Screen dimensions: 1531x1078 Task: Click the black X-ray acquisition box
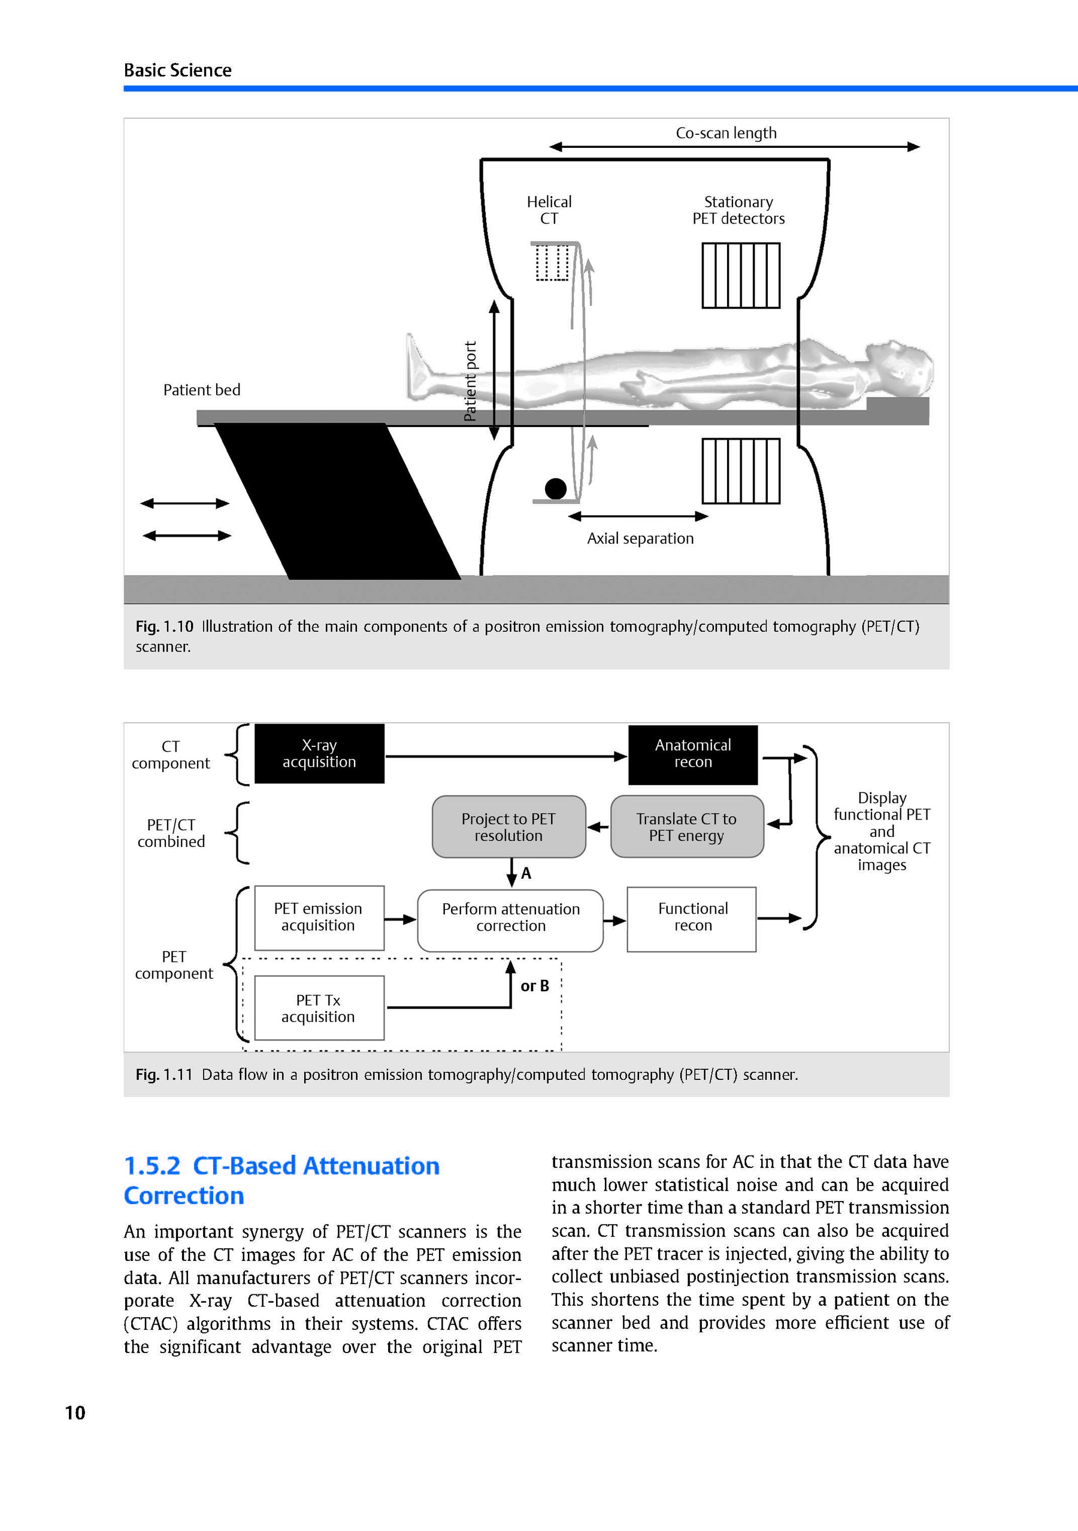coord(319,754)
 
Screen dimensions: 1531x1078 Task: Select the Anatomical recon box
coord(693,754)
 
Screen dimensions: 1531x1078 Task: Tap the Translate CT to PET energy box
coord(687,827)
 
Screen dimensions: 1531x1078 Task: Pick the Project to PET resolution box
coord(508,827)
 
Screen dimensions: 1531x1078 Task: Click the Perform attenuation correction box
coord(511,918)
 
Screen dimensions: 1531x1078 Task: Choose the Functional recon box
coord(692,918)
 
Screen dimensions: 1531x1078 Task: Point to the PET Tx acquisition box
coord(319,1008)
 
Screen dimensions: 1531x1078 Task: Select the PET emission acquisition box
coord(319,918)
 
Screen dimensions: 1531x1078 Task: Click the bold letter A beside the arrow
coord(526,873)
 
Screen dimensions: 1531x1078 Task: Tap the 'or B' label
coord(535,986)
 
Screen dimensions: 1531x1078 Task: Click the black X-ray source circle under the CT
coord(555,489)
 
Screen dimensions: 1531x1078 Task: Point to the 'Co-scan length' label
coord(726,134)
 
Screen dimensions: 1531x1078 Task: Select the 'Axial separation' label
coord(640,538)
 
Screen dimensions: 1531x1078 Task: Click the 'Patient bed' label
coord(201,390)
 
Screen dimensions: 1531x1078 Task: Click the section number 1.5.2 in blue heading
coord(152,1166)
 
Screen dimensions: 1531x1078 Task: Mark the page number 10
coord(75,1413)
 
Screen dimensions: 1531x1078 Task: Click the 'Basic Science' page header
coord(177,70)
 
